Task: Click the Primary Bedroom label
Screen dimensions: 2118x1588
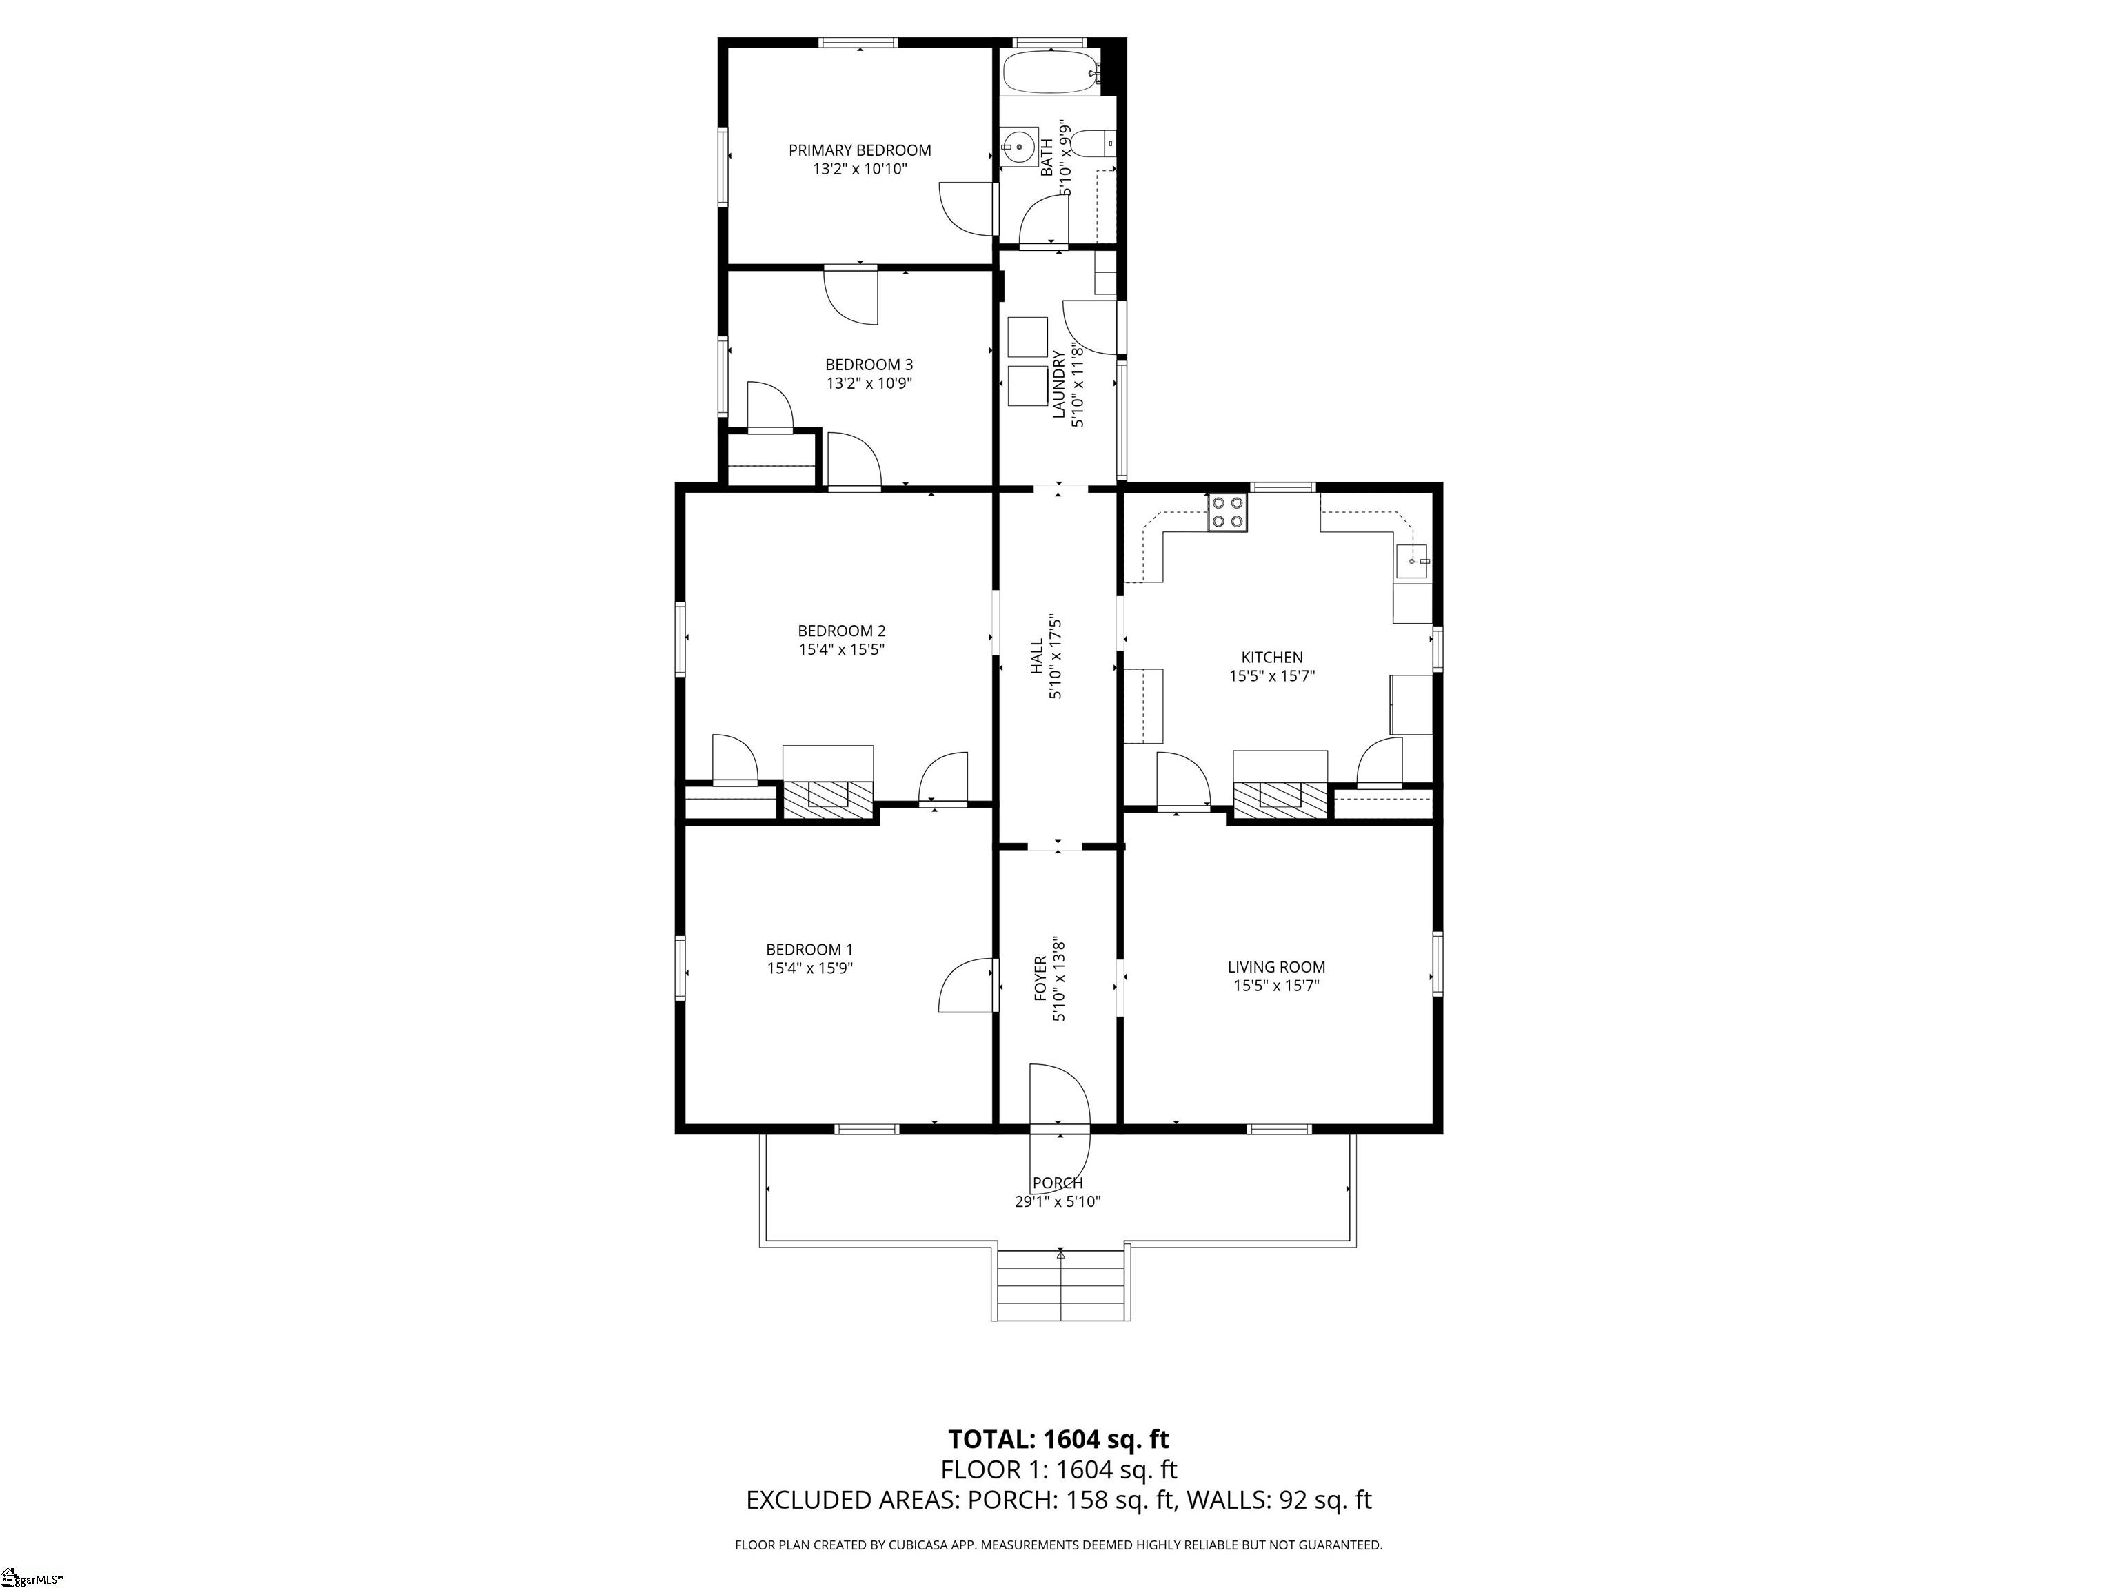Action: tap(859, 150)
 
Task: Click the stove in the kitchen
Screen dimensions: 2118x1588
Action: tap(1227, 512)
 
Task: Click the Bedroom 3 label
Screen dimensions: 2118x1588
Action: tap(869, 365)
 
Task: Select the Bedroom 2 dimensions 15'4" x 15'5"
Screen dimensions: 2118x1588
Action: tap(842, 649)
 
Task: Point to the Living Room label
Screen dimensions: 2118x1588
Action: tap(1276, 967)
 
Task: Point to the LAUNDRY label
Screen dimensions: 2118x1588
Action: tap(1058, 384)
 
